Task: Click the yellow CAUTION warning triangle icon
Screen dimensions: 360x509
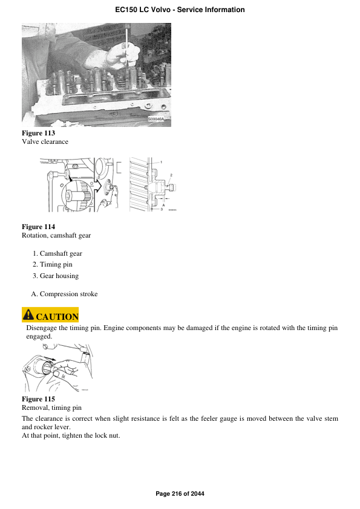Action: [x=28, y=316]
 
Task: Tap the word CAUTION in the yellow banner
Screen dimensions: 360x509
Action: [x=57, y=317]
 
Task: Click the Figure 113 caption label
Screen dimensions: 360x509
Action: [x=38, y=133]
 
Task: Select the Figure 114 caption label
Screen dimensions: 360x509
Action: [x=38, y=227]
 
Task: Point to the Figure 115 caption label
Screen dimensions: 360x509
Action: [x=38, y=399]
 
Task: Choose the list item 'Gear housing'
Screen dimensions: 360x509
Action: [x=59, y=276]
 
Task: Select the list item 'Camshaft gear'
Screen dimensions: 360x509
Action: [x=61, y=254]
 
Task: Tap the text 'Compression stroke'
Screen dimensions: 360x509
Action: [x=68, y=294]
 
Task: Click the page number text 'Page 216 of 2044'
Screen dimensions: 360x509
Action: [x=180, y=494]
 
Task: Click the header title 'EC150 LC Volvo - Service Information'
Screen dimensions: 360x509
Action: [x=180, y=10]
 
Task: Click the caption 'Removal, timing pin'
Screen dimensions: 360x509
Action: [x=51, y=408]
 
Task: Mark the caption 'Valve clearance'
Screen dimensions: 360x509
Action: [x=45, y=141]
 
